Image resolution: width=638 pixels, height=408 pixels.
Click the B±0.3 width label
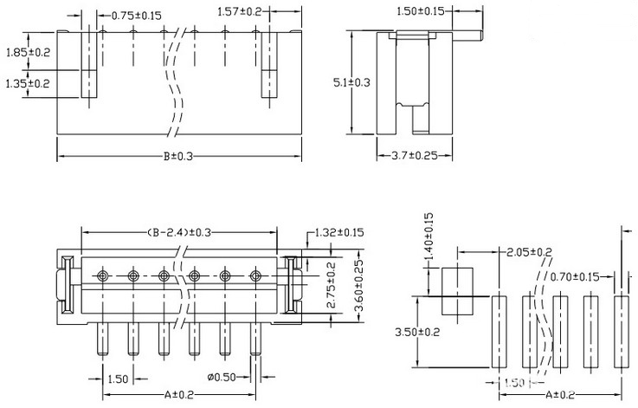tap(177, 156)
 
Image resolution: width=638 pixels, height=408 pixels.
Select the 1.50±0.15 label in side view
tap(420, 10)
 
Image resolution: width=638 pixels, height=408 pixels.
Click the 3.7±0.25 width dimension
tap(409, 155)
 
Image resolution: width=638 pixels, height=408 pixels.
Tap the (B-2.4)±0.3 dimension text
tap(179, 232)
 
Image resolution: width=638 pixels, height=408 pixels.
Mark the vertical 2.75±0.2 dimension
tap(331, 280)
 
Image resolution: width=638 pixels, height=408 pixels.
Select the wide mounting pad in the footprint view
tap(455, 290)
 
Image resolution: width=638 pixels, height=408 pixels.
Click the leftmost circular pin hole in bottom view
tap(102, 275)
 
